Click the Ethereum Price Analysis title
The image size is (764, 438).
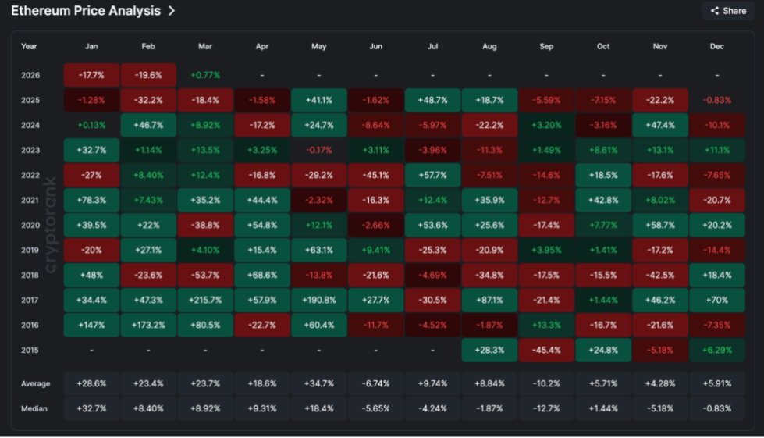coord(86,11)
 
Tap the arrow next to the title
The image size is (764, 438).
coord(172,11)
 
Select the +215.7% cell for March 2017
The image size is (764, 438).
coord(205,300)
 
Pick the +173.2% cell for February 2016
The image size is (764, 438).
coord(148,325)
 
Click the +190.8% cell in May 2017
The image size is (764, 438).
coord(318,300)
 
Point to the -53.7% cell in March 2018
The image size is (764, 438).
coord(205,275)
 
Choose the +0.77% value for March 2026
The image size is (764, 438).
coord(205,75)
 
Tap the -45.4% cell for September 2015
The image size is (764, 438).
coord(546,350)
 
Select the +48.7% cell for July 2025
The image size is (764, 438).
coord(432,100)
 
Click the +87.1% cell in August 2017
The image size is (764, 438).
coord(489,300)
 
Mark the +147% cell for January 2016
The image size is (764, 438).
coord(91,325)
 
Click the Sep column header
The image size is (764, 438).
coord(546,46)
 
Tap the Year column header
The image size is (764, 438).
coord(29,46)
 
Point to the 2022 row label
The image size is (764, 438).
coord(30,175)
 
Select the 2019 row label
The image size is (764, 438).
coord(30,250)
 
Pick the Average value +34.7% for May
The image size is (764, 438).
coord(318,383)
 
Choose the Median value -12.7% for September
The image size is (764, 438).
coord(546,408)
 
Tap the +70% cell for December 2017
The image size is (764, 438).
coord(717,300)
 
